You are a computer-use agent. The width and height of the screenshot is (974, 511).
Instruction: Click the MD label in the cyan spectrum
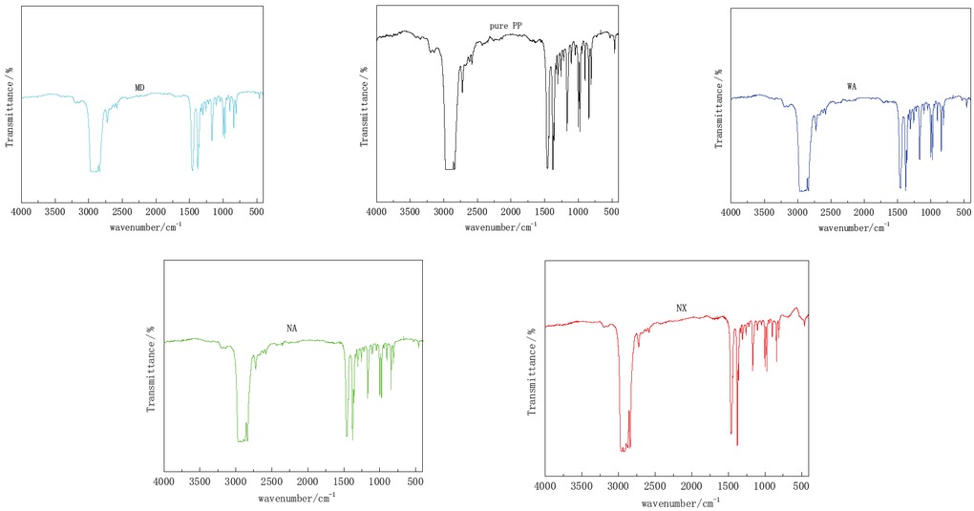tap(139, 87)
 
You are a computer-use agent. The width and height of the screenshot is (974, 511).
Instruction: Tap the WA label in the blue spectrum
tap(852, 87)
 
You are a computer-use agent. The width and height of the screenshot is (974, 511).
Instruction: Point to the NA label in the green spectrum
tap(292, 329)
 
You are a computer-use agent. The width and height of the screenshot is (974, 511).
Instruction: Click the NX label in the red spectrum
tap(682, 308)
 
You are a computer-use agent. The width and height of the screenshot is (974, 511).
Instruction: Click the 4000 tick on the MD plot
tap(21, 213)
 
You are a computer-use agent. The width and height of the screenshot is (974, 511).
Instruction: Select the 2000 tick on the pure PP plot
tap(510, 213)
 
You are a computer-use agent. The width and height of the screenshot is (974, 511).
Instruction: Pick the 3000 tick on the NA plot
tap(236, 483)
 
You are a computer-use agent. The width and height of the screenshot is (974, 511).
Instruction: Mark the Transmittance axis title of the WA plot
tap(718, 107)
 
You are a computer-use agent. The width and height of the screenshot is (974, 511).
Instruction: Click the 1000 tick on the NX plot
tap(765, 487)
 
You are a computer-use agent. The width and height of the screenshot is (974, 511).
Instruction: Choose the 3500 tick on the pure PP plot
tap(409, 213)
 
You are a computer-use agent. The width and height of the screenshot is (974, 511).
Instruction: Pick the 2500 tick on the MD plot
tap(122, 213)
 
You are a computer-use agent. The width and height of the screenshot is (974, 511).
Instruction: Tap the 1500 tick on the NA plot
tap(344, 483)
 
